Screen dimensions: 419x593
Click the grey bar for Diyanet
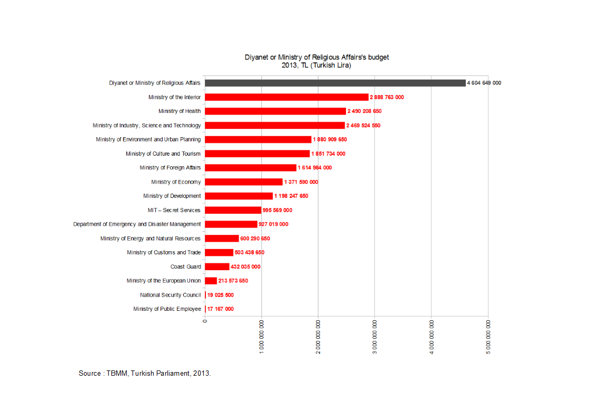[335, 83]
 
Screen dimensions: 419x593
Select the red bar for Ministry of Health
[275, 111]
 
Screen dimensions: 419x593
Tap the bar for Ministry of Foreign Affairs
[250, 168]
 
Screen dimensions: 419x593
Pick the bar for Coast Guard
[217, 266]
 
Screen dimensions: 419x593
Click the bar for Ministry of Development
[239, 196]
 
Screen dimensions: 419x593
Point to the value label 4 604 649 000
[484, 83]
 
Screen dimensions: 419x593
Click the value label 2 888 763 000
[387, 97]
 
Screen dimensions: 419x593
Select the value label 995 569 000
[277, 210]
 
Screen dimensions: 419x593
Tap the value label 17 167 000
[220, 309]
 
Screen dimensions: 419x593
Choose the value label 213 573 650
[233, 281]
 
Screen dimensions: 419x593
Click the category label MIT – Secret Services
[174, 210]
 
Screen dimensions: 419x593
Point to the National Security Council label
[170, 295]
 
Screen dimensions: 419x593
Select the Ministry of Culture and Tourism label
[163, 154]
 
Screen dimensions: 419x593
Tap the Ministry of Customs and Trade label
[164, 252]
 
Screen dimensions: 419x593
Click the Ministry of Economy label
[176, 182]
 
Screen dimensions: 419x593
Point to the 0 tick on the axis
[205, 320]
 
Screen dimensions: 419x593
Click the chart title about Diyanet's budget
[317, 61]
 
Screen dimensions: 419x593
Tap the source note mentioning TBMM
[145, 373]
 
